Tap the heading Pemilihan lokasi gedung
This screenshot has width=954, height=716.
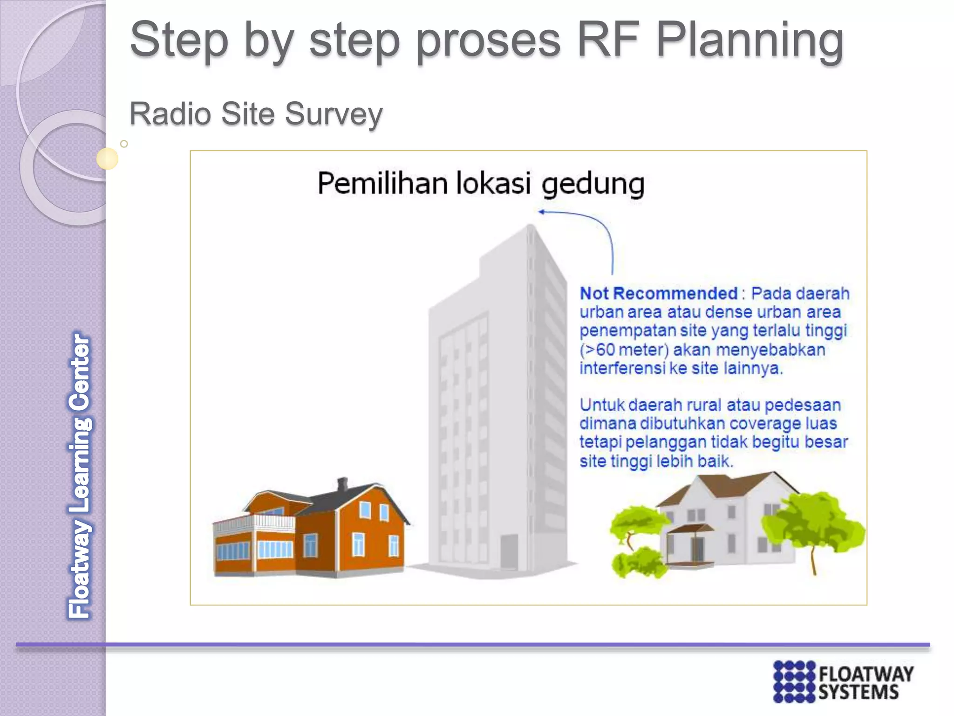point(481,183)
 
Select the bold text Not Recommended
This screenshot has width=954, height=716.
point(658,293)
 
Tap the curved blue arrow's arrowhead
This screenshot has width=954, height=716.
point(541,212)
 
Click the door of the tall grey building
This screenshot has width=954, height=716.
point(509,552)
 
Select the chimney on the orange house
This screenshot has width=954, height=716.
point(342,484)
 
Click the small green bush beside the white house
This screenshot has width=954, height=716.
point(636,564)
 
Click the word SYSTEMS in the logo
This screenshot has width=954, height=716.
point(858,692)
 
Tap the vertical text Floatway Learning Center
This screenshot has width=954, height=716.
point(80,475)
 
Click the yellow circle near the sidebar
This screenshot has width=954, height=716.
point(107,158)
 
